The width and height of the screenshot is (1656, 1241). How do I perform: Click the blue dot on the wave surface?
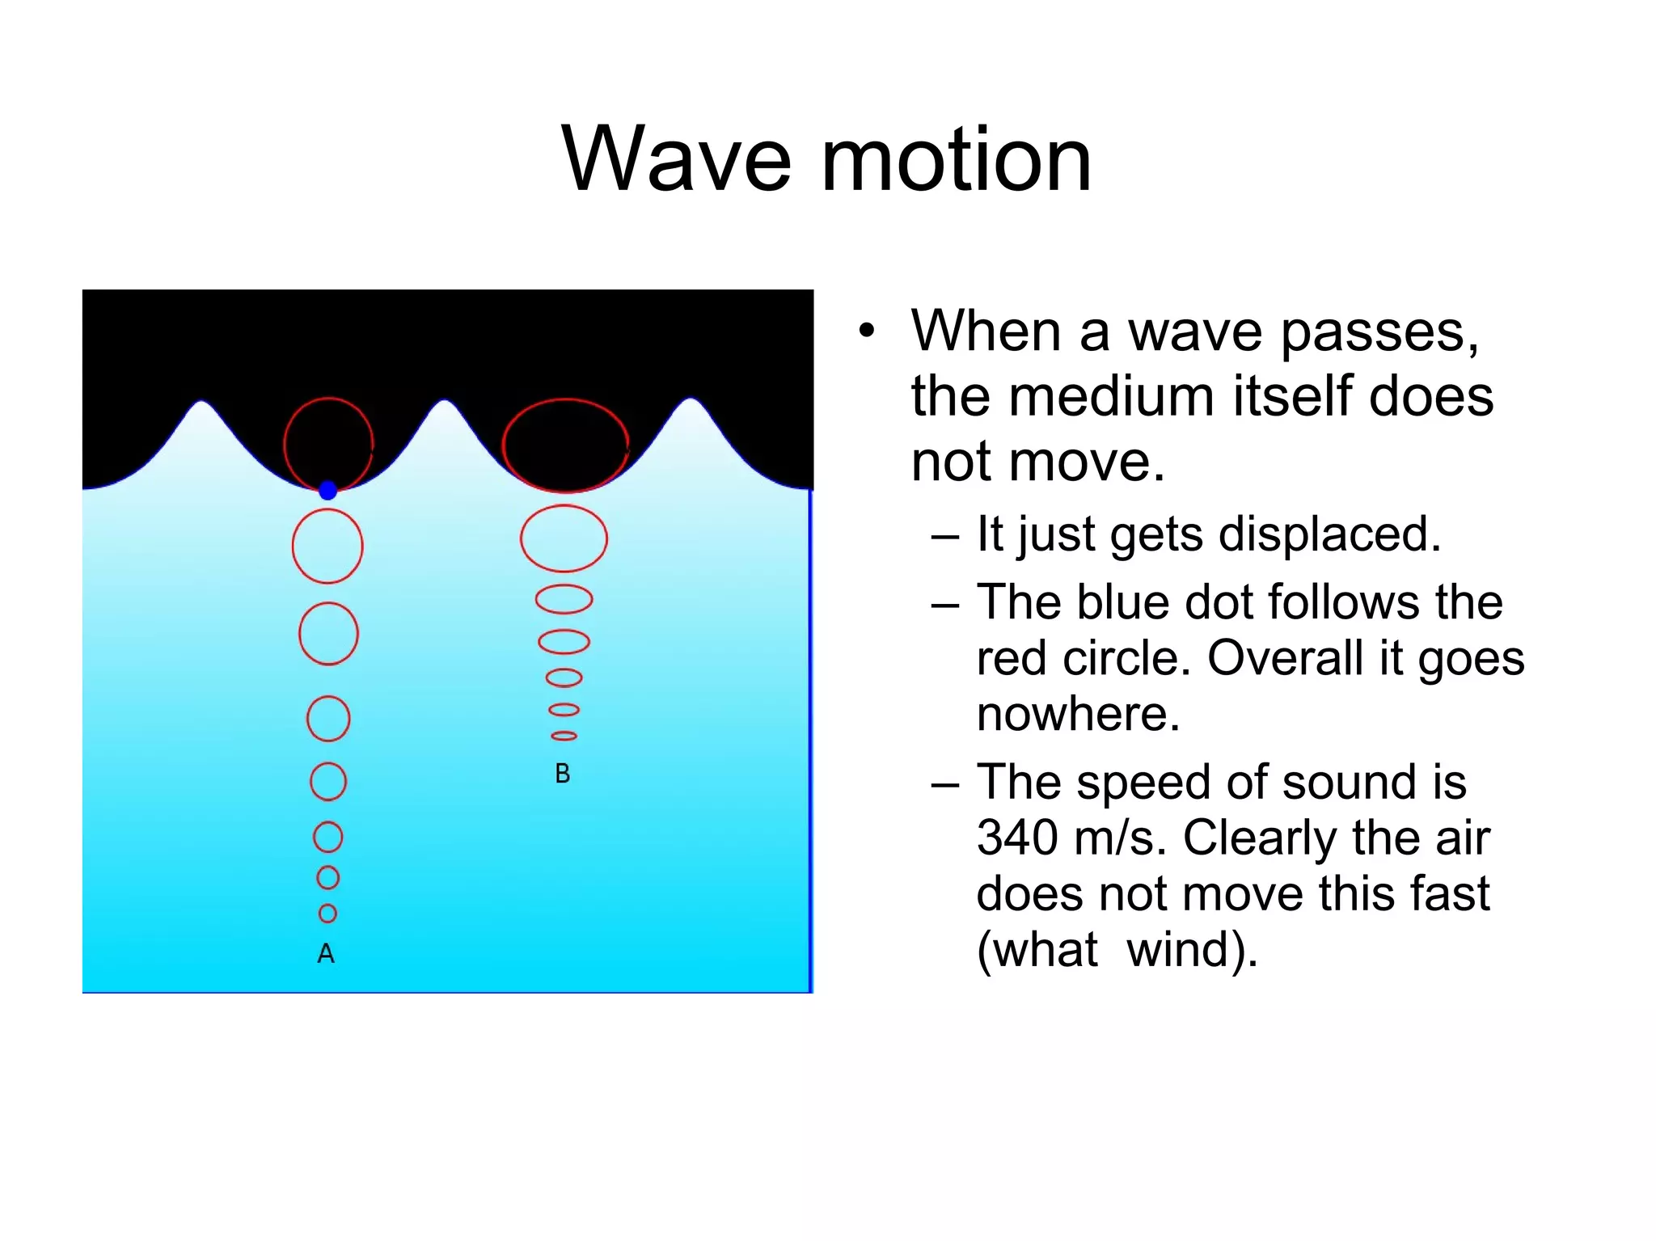coord(327,490)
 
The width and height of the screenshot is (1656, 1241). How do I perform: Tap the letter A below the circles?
coord(326,954)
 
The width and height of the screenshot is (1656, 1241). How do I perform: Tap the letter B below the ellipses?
coord(563,774)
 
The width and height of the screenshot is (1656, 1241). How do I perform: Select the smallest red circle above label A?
coord(327,914)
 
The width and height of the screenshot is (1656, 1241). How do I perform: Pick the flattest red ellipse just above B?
coord(564,736)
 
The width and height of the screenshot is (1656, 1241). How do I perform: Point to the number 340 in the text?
coord(1016,838)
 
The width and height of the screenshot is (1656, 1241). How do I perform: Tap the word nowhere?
coord(1078,714)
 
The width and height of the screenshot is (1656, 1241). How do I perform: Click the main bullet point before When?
coord(867,331)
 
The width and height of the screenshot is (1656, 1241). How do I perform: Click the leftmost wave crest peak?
coord(202,402)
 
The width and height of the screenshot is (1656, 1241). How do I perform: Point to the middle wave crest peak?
coord(445,401)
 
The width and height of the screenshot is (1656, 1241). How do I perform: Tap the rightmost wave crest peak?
coord(691,399)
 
